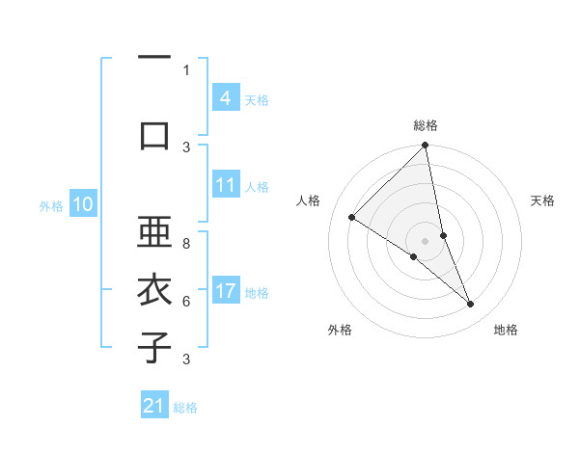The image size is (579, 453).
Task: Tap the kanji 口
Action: pos(154,135)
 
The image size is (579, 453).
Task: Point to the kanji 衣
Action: pos(154,291)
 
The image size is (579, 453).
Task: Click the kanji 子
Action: pos(154,347)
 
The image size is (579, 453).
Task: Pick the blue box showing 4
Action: pos(225,98)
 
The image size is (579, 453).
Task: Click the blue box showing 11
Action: pos(225,185)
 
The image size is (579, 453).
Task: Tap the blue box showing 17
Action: pos(225,292)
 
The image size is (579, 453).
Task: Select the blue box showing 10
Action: pos(83,204)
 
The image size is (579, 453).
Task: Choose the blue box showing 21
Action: pos(154,406)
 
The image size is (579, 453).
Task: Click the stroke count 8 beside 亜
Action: pos(186,233)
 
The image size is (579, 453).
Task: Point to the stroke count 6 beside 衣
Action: pos(186,302)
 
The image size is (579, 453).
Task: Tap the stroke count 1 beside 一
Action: pos(186,70)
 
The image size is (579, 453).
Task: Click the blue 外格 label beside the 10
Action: pos(51,205)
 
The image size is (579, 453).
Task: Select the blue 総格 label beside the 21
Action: pos(185,408)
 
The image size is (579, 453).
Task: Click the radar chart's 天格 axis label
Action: pos(542,200)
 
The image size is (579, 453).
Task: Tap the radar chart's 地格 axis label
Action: pos(506,330)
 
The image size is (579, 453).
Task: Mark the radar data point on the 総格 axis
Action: pos(426,146)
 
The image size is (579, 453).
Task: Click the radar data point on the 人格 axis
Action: pos(352,217)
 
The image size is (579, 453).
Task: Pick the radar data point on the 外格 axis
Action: pos(414,256)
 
